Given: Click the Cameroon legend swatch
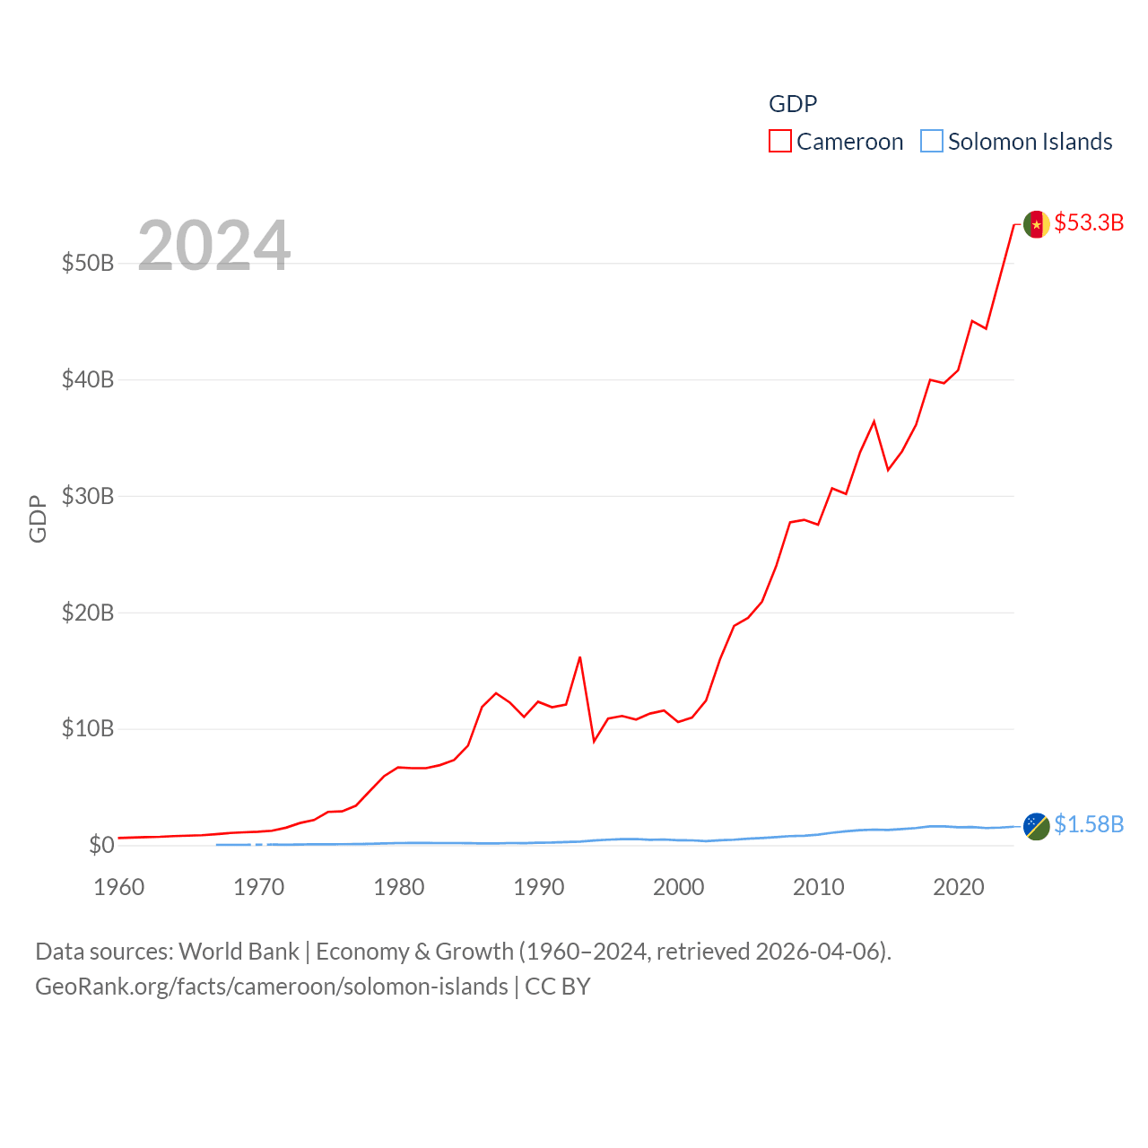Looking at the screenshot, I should point(780,142).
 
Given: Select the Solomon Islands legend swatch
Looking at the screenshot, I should point(932,142).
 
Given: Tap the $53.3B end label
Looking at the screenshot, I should point(1089,222).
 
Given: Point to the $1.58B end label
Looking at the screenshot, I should point(1089,824).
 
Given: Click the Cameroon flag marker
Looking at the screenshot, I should point(1037,224).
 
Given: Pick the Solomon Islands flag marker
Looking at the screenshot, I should point(1037,826).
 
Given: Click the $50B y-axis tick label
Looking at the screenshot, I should point(88,263).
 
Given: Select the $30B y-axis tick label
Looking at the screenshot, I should point(88,496).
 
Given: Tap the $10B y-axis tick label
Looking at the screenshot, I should point(88,728).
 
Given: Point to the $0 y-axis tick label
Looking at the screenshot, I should point(101,845).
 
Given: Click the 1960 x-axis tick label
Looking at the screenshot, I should point(118,887).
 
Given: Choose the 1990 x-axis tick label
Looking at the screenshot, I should point(538,887).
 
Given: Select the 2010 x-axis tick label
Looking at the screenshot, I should point(818,887).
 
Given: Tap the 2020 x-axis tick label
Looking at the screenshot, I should point(958,887).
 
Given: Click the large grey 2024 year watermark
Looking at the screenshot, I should point(213,246).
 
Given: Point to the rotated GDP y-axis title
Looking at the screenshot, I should point(38,518).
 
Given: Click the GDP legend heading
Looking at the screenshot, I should point(793,104).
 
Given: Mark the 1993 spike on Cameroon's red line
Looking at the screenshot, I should point(580,657).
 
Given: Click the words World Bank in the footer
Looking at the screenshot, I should point(239,952).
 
